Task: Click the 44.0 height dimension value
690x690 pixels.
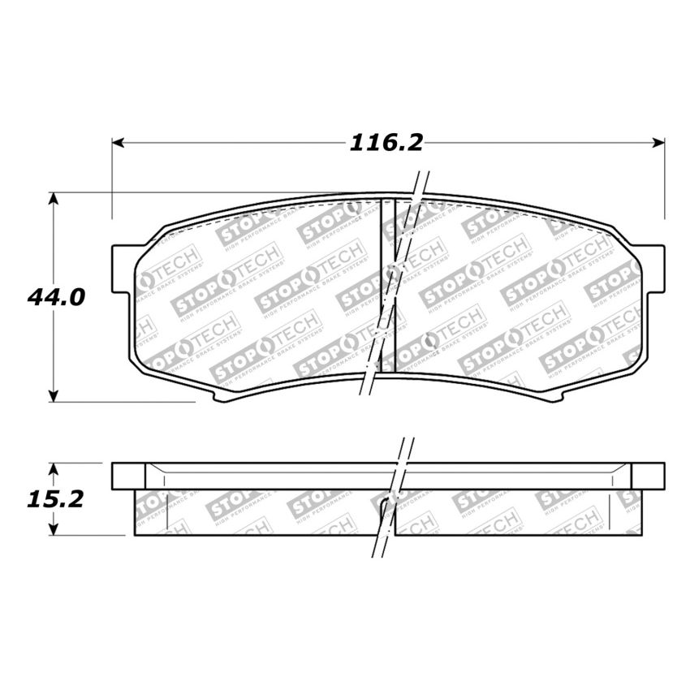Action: (x=55, y=297)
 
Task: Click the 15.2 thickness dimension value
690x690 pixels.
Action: (x=55, y=499)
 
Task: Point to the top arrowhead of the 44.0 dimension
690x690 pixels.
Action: (x=54, y=198)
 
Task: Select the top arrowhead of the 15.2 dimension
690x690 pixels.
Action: (x=54, y=468)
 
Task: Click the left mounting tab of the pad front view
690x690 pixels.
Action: (x=120, y=268)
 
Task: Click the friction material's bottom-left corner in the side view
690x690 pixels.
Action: (x=135, y=534)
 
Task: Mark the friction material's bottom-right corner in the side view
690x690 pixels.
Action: (x=641, y=534)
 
